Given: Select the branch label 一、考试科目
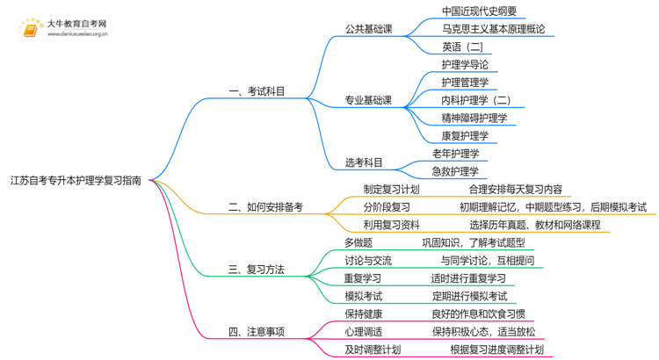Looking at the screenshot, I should [x=257, y=90].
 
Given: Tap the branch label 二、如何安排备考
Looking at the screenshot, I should [x=265, y=207].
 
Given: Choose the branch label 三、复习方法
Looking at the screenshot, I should [x=257, y=270].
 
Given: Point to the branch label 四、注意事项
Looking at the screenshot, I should [x=257, y=332].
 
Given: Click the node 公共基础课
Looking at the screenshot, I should [x=369, y=28].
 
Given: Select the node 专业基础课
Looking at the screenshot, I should [x=369, y=100].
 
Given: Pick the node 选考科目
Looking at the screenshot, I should [x=364, y=162].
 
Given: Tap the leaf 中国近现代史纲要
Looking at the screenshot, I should [x=479, y=11].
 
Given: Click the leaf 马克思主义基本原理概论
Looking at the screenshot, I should [x=493, y=29].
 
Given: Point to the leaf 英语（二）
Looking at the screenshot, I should [x=463, y=47].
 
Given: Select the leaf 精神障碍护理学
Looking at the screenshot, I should [x=474, y=118].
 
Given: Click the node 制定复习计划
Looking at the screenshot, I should [x=391, y=190].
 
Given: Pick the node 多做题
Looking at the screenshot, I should [x=358, y=242].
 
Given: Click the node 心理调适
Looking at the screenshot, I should [x=364, y=332].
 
